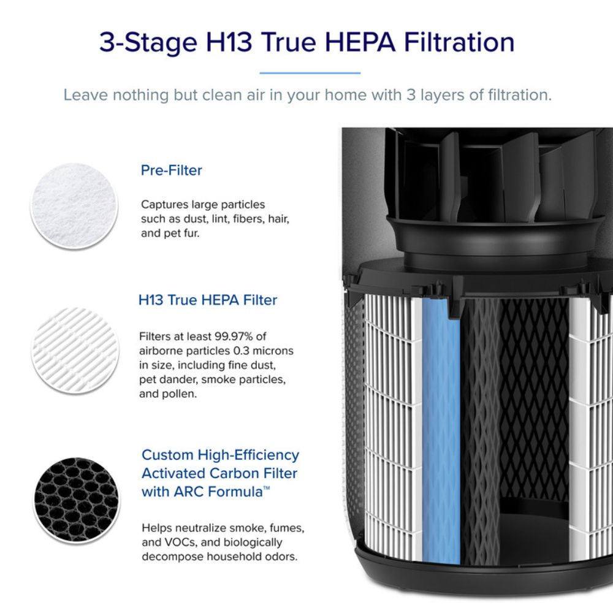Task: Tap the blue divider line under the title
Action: click(x=310, y=73)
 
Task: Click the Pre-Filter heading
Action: click(x=171, y=170)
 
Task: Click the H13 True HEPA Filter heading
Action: click(x=208, y=300)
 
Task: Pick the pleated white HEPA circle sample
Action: click(x=75, y=350)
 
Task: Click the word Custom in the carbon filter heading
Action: click(x=167, y=455)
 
